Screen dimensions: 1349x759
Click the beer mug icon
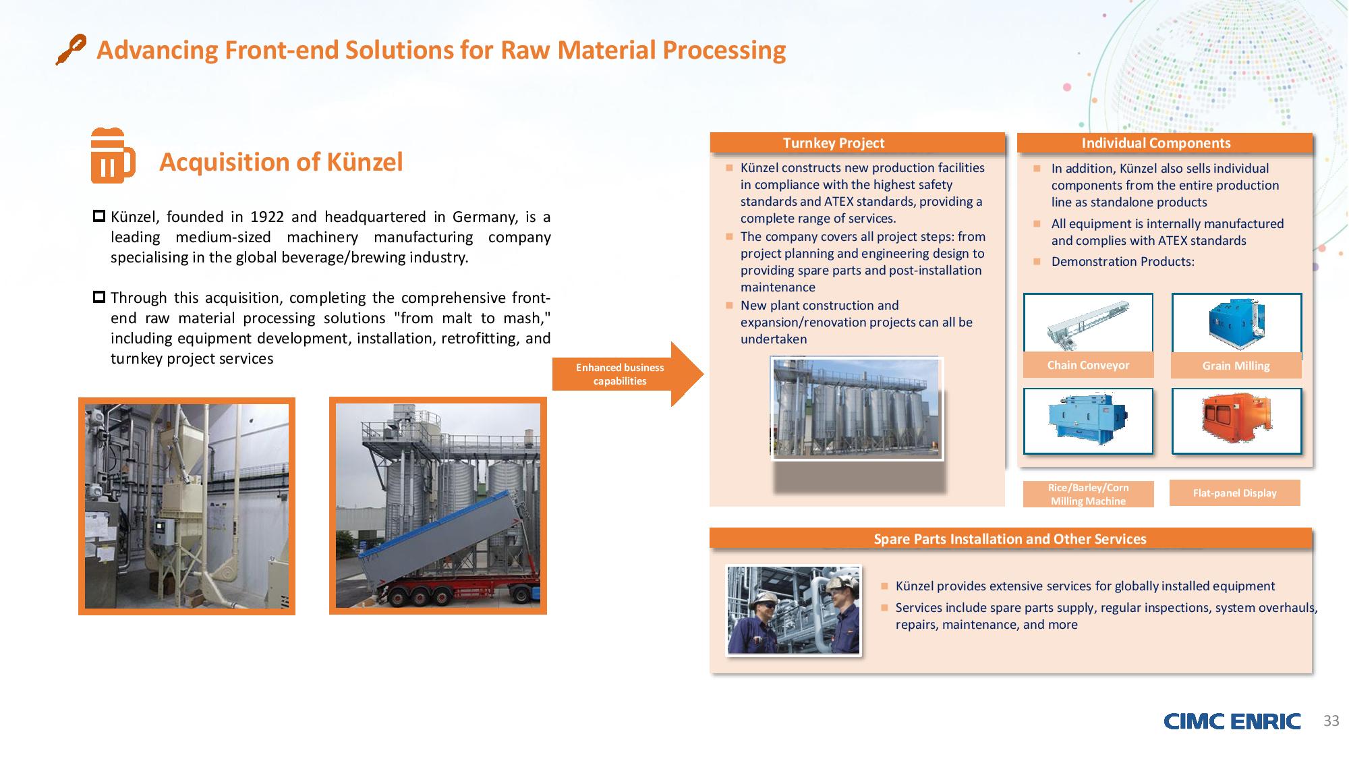point(113,155)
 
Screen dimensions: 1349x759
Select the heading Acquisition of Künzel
point(281,162)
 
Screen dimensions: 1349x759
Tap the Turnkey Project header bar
point(857,143)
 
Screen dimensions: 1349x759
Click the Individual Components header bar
point(1164,143)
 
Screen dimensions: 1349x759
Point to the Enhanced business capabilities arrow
point(627,374)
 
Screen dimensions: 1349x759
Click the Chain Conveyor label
point(1088,365)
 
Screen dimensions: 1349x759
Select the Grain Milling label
point(1236,366)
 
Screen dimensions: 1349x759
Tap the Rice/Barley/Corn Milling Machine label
point(1088,494)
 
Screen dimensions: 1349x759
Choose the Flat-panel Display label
point(1234,493)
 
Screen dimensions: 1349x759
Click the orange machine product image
point(1236,421)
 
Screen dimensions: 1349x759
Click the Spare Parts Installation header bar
point(1010,538)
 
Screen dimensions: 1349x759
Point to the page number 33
point(1331,721)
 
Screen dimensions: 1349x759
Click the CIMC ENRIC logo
point(1232,721)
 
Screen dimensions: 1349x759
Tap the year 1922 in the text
point(267,217)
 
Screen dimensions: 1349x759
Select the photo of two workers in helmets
point(793,611)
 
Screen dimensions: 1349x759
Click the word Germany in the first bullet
point(484,217)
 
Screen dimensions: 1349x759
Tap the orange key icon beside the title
point(71,49)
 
